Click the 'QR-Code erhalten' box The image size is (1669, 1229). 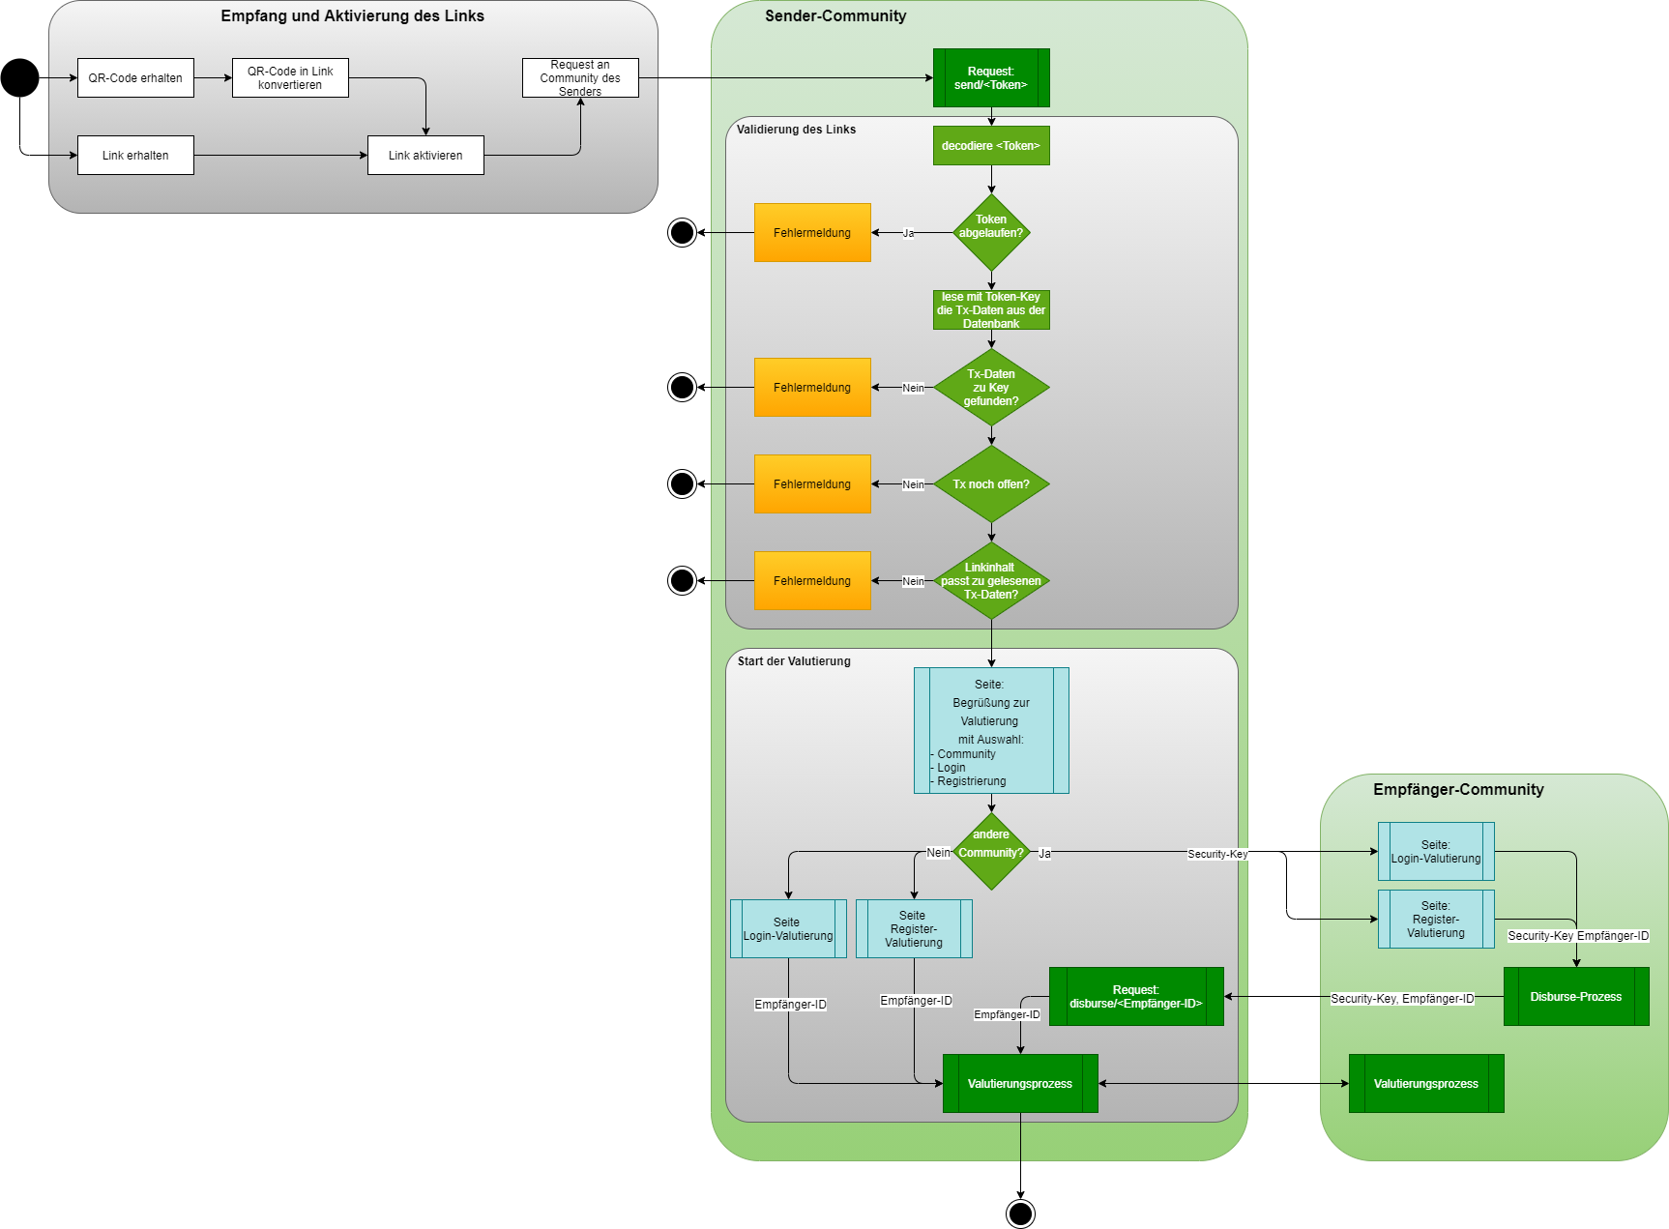[135, 78]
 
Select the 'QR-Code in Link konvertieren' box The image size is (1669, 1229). [290, 78]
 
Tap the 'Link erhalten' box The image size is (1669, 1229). [135, 156]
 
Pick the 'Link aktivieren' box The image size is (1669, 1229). [425, 156]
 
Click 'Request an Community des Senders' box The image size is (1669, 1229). [580, 78]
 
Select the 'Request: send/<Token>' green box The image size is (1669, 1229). [991, 78]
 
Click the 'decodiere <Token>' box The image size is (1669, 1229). [991, 146]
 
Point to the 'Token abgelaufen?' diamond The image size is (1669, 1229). [991, 232]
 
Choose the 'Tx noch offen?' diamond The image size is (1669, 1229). [991, 484]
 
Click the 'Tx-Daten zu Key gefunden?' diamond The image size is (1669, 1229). [991, 388]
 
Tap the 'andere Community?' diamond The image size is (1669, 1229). [991, 851]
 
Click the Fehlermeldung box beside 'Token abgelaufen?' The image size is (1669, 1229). [812, 233]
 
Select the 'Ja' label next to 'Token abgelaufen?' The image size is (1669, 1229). [908, 233]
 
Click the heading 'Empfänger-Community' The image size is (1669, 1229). [1458, 790]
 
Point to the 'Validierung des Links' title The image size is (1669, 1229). [796, 130]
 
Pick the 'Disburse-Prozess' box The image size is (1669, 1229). [1576, 997]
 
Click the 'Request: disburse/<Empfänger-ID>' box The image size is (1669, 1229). [1136, 997]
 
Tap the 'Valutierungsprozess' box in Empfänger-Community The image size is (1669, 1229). [1426, 1084]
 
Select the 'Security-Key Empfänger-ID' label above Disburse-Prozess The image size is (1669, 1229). [1578, 936]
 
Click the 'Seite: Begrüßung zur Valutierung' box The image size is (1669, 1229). [991, 731]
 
